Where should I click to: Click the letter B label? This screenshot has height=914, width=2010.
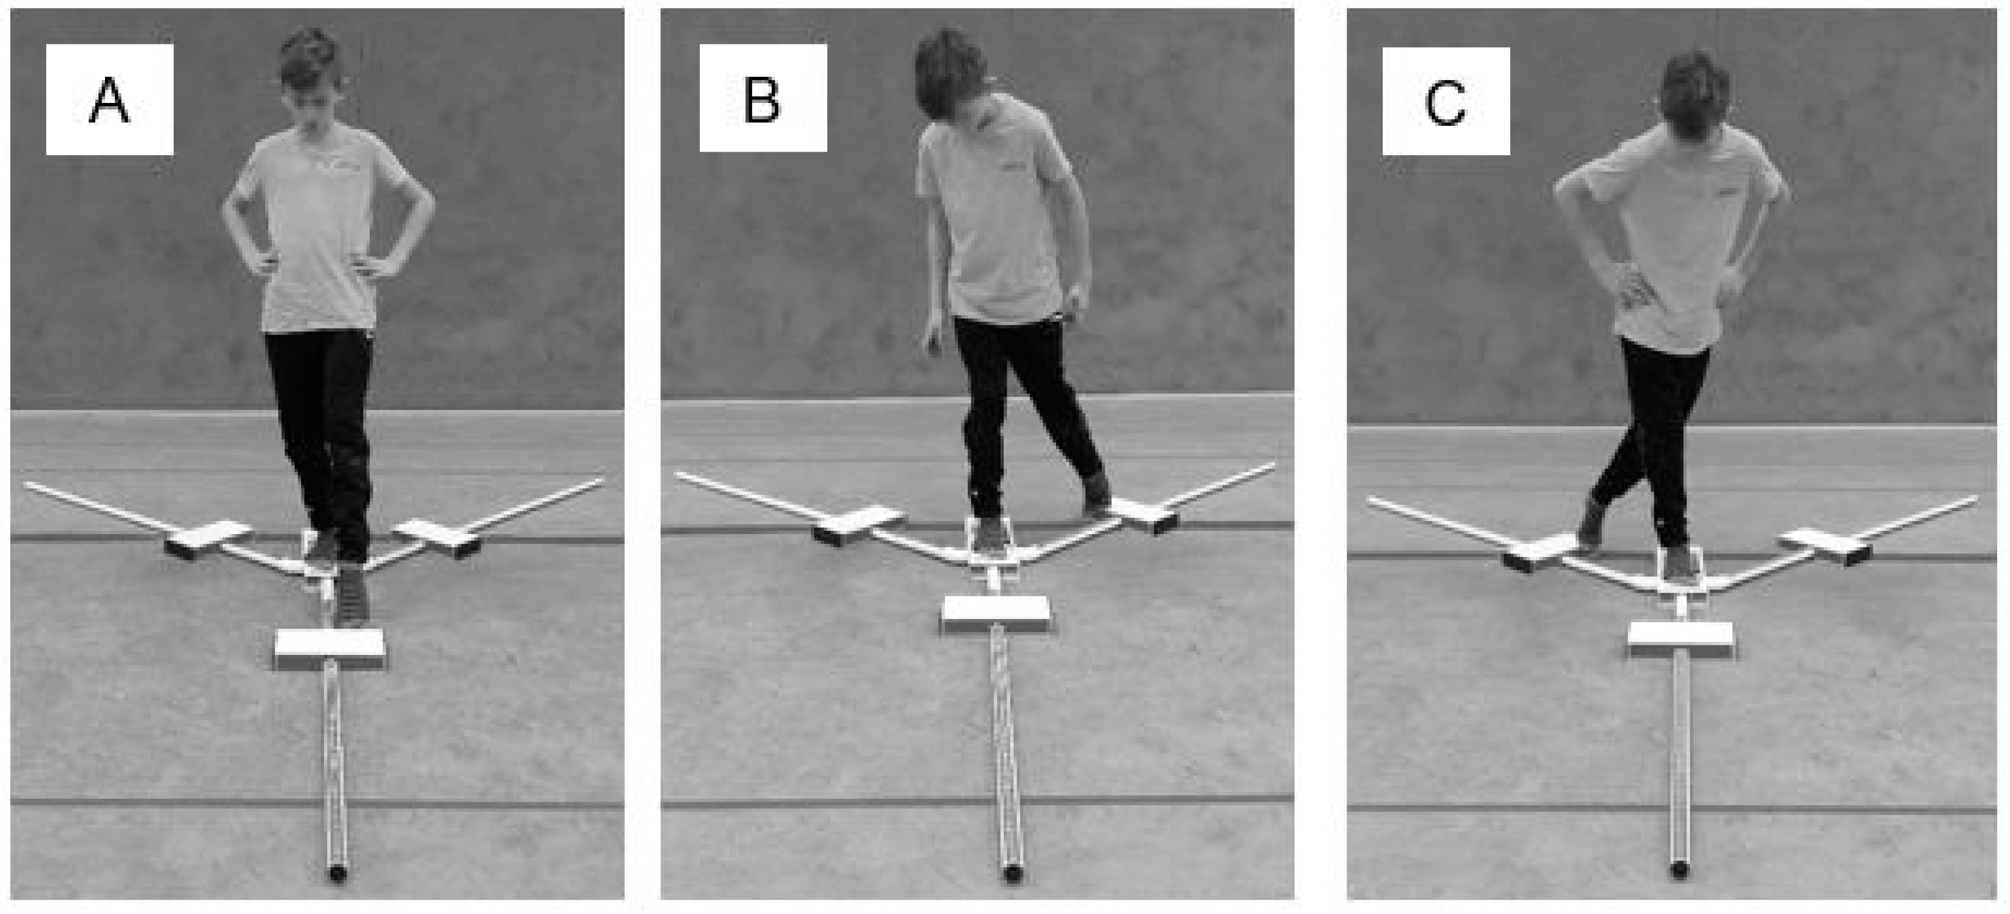pos(761,101)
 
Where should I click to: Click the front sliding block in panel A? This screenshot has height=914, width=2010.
pos(330,649)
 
